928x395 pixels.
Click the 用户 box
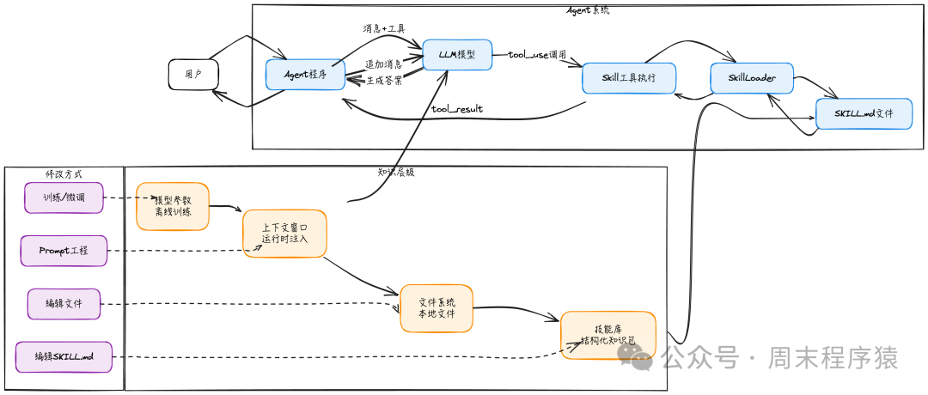(192, 75)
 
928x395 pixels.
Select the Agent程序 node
(305, 75)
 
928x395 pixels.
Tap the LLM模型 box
(457, 55)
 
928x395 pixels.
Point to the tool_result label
(457, 109)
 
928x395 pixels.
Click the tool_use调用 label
(537, 55)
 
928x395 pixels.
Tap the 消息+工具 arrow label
(384, 29)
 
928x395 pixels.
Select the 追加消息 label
(383, 64)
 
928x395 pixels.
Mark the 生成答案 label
(385, 80)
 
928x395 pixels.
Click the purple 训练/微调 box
(64, 197)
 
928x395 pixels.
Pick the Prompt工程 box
(64, 251)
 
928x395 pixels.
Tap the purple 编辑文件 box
(64, 304)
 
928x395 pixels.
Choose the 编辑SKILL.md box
(64, 356)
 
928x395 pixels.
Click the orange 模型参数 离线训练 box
(173, 206)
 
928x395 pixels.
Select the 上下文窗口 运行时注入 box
(284, 234)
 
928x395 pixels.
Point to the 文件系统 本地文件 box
(437, 308)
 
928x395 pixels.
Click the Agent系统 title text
(589, 9)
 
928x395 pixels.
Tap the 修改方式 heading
(64, 173)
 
